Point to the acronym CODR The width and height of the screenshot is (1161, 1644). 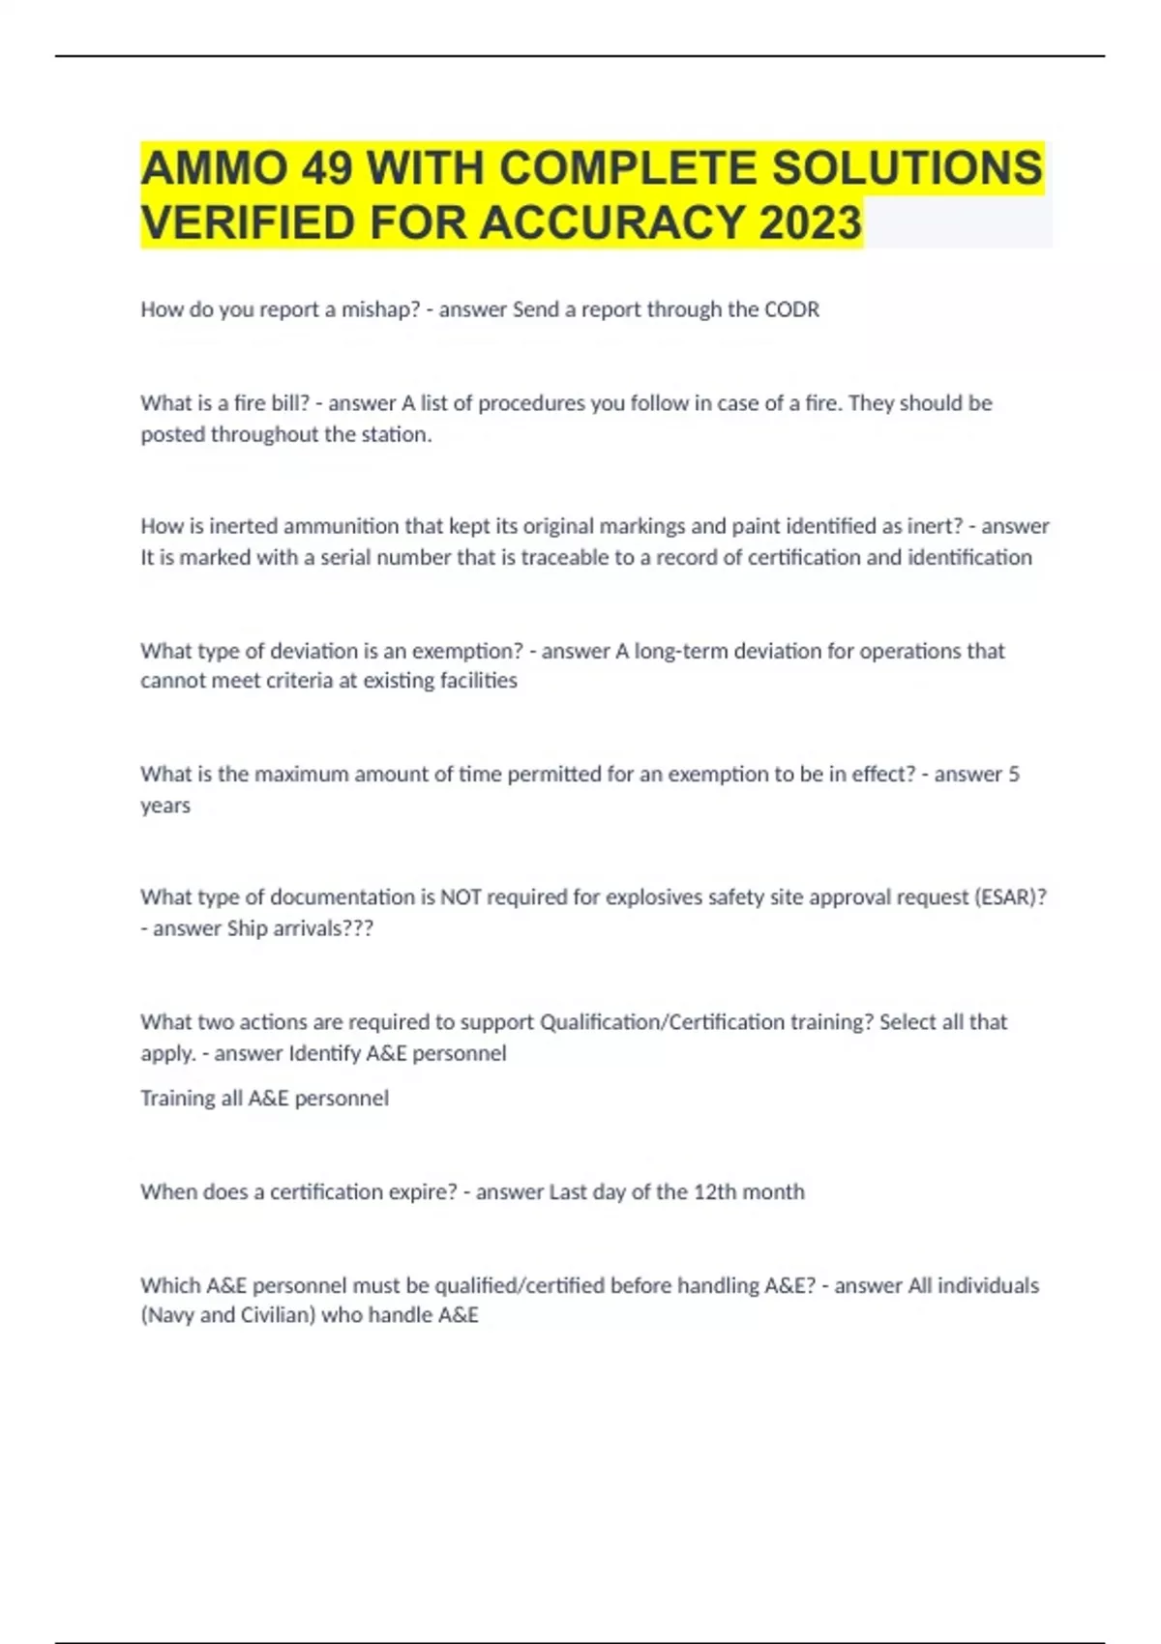click(x=791, y=309)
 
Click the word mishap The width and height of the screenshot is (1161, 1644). click(x=380, y=309)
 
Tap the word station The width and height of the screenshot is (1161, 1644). click(x=397, y=434)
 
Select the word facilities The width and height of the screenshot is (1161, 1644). click(x=478, y=681)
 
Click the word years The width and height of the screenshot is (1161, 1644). click(x=165, y=806)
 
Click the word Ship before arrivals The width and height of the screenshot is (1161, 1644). click(x=247, y=928)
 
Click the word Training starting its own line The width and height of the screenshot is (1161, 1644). click(x=177, y=1099)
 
